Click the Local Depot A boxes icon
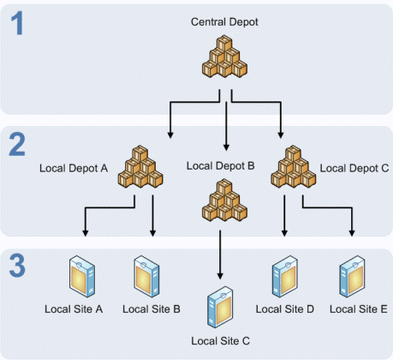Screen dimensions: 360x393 [x=140, y=165]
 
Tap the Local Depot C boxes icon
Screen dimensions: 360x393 [x=292, y=165]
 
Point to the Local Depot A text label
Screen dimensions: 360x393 [x=74, y=168]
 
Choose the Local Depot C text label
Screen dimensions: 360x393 [x=353, y=168]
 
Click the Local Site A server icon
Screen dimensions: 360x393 [x=82, y=277]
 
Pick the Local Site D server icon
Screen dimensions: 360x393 [x=285, y=277]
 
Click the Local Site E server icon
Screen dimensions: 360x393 [x=352, y=277]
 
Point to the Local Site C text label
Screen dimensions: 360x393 [x=221, y=341]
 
